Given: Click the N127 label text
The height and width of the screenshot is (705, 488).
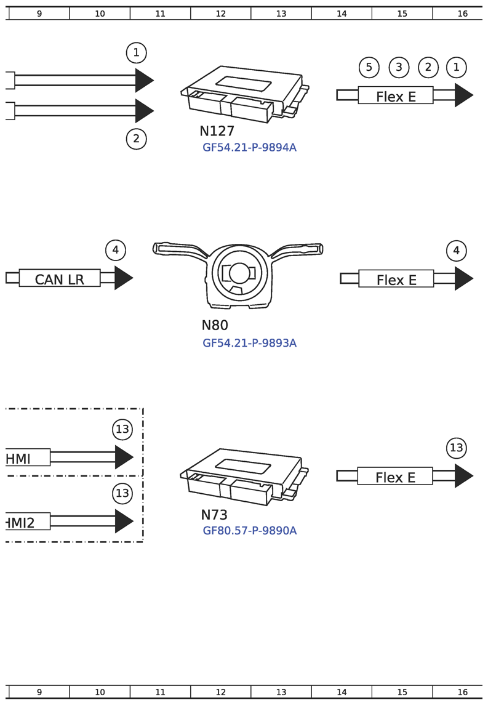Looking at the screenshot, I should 217,131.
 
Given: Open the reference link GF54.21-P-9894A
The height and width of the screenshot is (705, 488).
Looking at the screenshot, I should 249,148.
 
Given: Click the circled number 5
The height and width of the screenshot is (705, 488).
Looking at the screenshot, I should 369,67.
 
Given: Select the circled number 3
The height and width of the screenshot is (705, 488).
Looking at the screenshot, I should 399,67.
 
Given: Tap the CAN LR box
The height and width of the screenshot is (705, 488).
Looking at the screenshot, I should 59,278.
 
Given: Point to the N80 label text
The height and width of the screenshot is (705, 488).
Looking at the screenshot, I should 215,326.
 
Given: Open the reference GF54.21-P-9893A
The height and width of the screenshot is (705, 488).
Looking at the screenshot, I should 249,343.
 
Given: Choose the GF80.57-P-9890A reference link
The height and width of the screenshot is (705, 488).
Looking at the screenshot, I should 249,531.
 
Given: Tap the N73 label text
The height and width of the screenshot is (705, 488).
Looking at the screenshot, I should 214,515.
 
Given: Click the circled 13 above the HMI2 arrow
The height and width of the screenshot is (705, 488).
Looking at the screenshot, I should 122,493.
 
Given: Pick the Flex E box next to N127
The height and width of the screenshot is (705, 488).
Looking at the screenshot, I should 396,95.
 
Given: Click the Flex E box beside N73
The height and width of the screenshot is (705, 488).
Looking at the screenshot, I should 395,476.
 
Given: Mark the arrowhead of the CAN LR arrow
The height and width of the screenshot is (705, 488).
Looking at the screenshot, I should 123,278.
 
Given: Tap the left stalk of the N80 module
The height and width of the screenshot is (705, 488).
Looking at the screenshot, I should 179,249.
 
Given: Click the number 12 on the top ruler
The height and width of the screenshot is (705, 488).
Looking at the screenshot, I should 221,14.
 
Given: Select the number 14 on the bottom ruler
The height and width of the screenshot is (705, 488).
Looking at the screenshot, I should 342,692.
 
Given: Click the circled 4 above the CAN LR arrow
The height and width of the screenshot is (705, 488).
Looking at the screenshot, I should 115,250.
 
